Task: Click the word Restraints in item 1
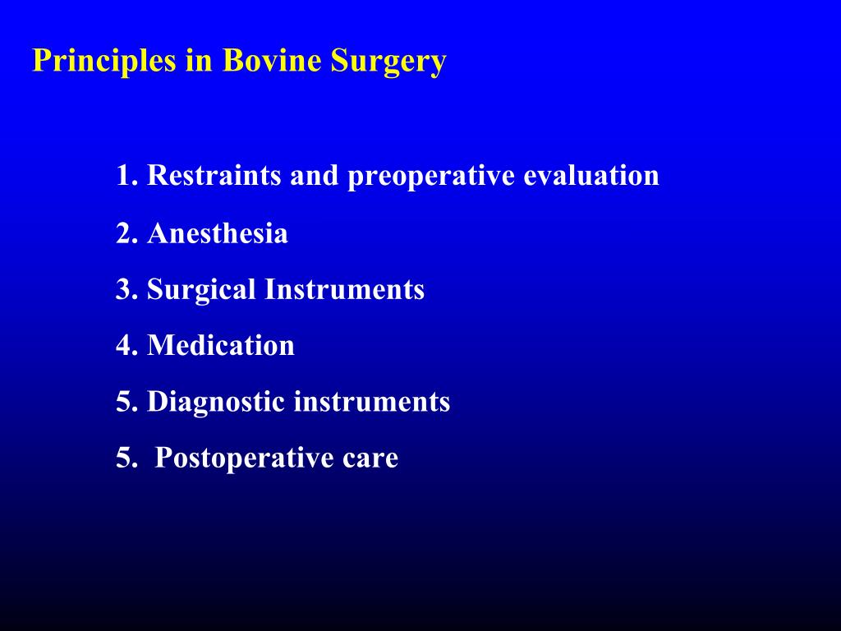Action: coord(214,176)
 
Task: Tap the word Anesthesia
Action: coord(218,234)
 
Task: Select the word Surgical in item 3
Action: coord(202,289)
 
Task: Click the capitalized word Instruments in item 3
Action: coord(344,289)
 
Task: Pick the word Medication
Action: coord(221,345)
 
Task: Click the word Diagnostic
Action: coord(217,402)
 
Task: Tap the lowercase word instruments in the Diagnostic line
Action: coord(372,402)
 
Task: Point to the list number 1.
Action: coord(126,176)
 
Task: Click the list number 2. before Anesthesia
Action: coord(126,234)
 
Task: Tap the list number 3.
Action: coord(126,289)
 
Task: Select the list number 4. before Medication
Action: coord(126,345)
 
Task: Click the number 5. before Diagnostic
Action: coord(126,402)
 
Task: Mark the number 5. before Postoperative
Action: coord(126,458)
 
